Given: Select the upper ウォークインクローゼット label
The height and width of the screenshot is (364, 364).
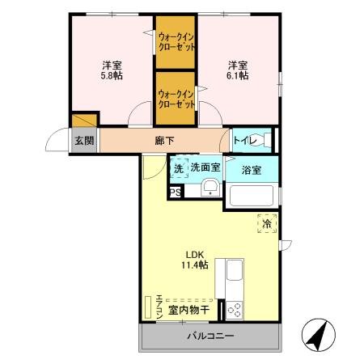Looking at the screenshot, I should (176, 41).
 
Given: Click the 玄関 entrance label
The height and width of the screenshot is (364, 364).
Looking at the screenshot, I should (84, 141).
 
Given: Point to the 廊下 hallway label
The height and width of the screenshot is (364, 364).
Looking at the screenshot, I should (163, 140).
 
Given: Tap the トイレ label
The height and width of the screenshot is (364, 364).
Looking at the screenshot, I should (245, 141).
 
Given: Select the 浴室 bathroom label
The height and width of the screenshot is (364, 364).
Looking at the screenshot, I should (252, 169).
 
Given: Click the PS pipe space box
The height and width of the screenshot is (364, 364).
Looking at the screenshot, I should (174, 192).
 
